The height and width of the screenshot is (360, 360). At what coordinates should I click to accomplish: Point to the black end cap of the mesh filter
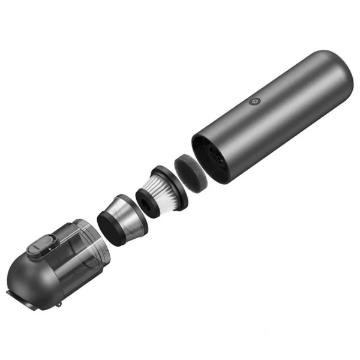[110, 226]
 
